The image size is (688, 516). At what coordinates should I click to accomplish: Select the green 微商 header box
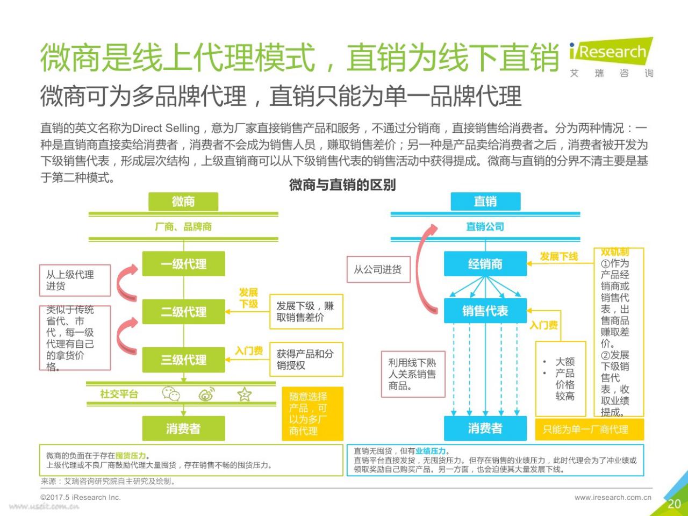[x=183, y=202]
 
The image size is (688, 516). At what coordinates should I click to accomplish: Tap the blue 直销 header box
[x=485, y=202]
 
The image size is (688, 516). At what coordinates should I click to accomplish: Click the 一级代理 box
[x=184, y=264]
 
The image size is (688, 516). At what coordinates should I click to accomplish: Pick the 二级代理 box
[x=184, y=312]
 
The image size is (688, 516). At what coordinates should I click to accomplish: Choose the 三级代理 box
[x=184, y=360]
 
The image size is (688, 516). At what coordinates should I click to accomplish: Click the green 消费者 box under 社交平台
[x=184, y=428]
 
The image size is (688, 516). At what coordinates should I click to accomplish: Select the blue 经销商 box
[x=485, y=264]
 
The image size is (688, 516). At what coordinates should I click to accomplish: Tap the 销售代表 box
[x=485, y=311]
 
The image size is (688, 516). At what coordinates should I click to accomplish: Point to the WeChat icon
[x=171, y=393]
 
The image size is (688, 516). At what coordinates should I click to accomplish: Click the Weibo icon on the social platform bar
[x=206, y=394]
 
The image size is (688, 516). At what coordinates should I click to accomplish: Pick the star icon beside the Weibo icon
[x=245, y=394]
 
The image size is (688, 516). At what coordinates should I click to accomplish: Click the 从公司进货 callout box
[x=378, y=269]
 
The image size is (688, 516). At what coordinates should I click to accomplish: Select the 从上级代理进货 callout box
[x=75, y=281]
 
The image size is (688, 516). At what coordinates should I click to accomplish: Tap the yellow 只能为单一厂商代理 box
[x=590, y=429]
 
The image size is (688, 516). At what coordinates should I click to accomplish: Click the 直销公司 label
[x=485, y=226]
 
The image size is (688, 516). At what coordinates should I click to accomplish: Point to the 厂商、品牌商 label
[x=183, y=226]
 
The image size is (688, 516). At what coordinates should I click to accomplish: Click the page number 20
[x=674, y=504]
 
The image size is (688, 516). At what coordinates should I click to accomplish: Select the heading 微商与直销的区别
[x=342, y=185]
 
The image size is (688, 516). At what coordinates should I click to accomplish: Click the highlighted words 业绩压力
[x=431, y=451]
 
